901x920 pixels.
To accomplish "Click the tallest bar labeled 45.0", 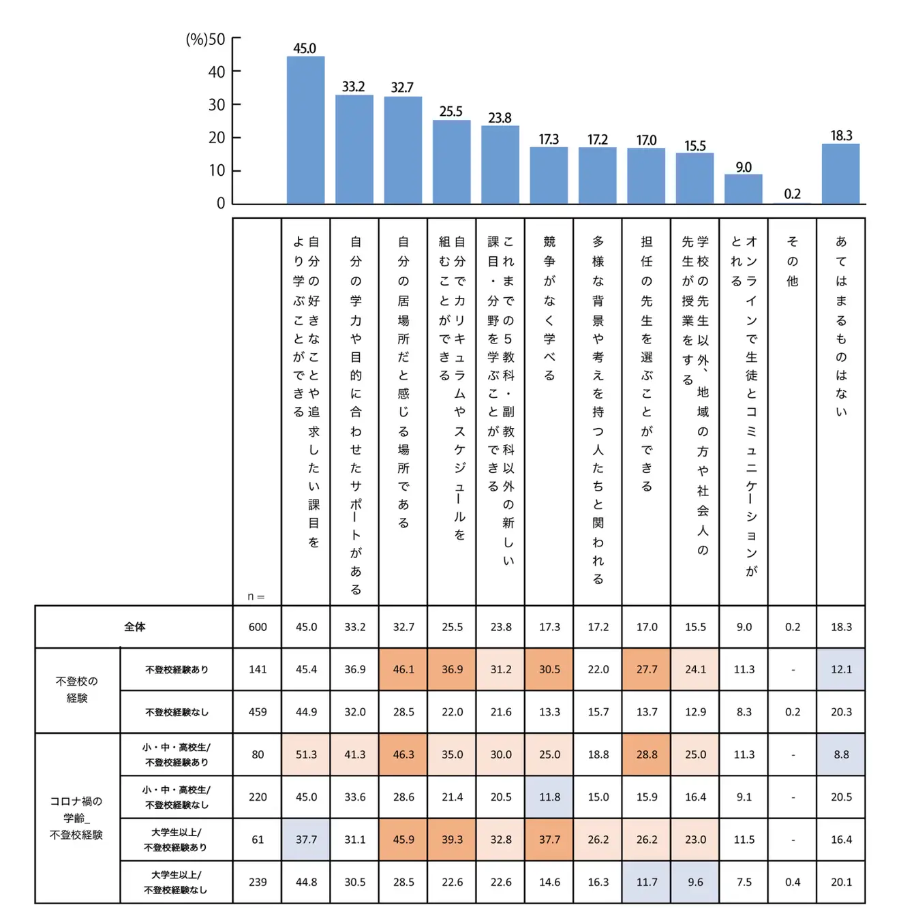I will coord(305,129).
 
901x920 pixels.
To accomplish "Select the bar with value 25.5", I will coord(451,162).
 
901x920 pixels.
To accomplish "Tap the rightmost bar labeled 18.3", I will coord(840,173).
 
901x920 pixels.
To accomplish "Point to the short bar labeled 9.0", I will coord(743,189).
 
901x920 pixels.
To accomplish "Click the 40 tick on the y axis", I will coord(217,72).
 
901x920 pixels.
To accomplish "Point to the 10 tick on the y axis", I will coord(217,170).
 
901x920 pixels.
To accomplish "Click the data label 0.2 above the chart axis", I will coord(792,194).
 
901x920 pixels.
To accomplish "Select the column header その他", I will coord(792,261).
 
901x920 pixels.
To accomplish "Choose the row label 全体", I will coord(134,627).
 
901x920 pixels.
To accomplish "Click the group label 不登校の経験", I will coord(77,690).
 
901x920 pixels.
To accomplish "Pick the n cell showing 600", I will coord(258,627).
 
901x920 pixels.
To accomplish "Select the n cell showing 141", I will coord(258,669).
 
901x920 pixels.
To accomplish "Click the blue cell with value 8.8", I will coord(841,754).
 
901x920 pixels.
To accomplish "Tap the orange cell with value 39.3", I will coord(452,840).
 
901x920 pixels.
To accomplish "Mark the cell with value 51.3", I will coord(306,754).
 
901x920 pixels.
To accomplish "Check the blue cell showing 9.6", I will coord(695,882).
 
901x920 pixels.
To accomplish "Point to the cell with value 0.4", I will coord(793,882).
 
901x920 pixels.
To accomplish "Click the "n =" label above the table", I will coord(256,597).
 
